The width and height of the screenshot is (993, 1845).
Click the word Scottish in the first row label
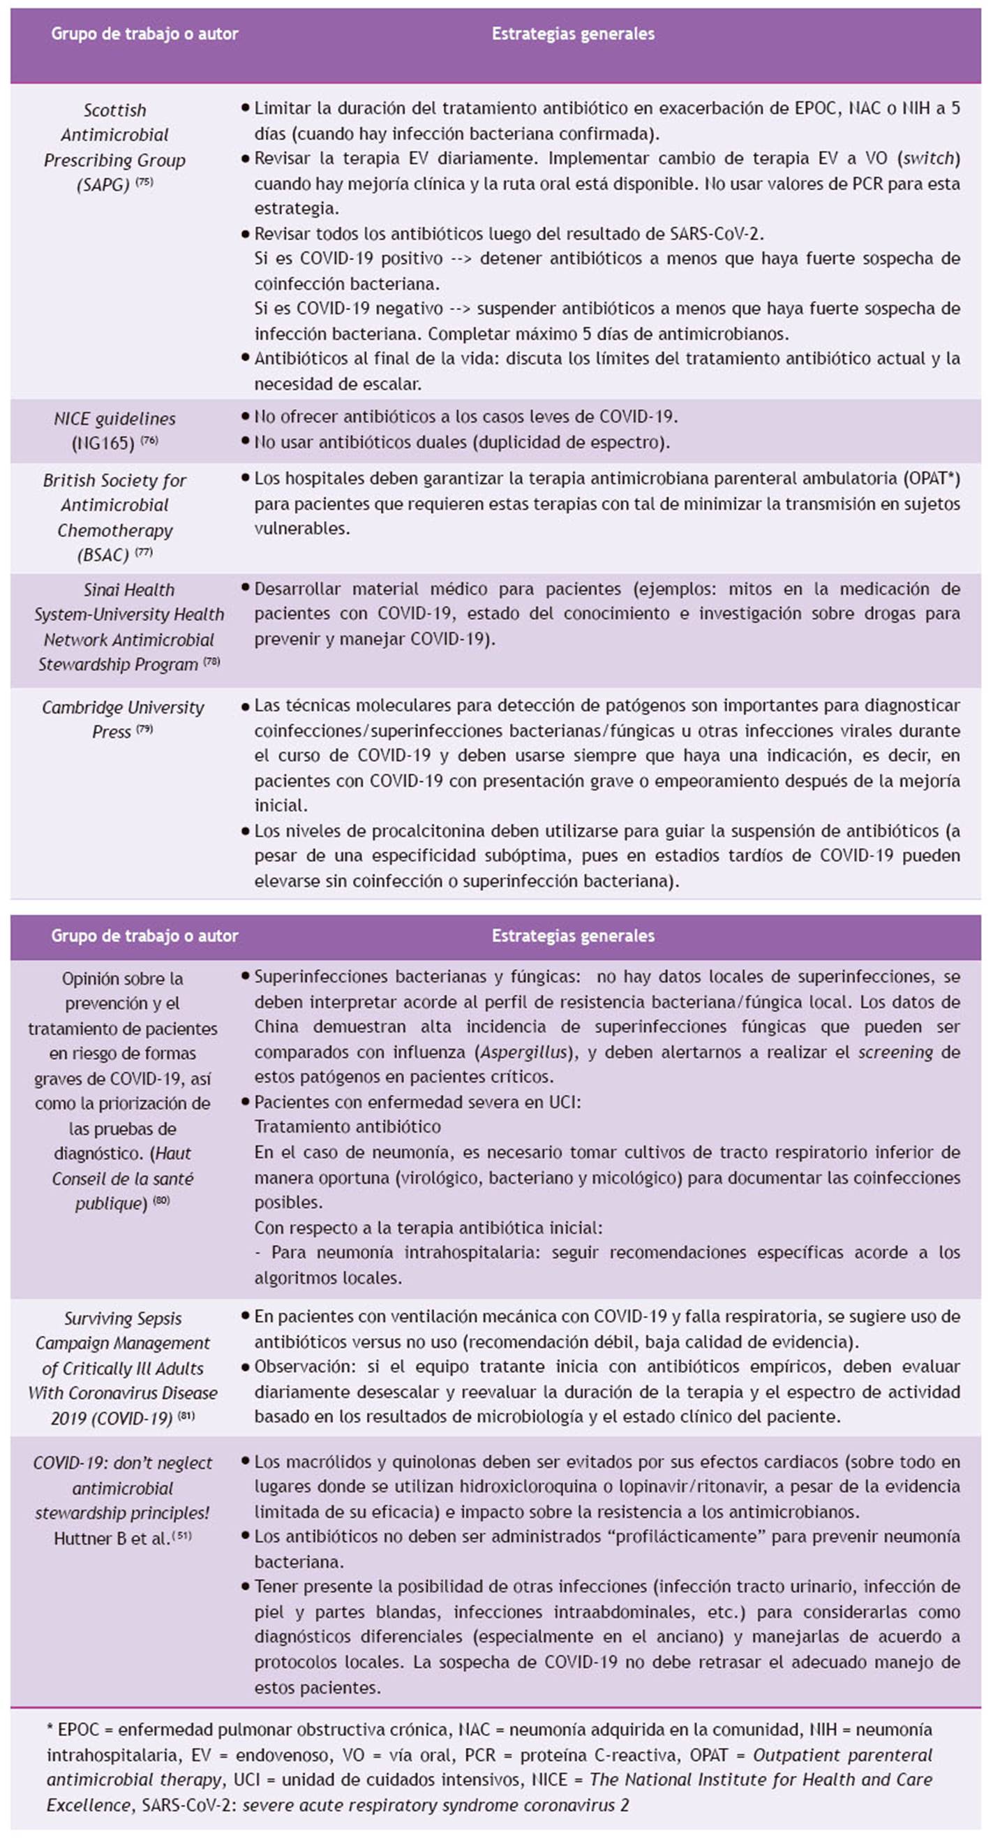pyautogui.click(x=114, y=110)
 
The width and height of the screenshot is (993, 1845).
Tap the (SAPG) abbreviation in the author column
pyautogui.click(x=103, y=185)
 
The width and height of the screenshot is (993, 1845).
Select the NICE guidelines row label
pyautogui.click(x=114, y=419)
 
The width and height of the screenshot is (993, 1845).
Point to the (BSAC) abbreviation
pyautogui.click(x=103, y=554)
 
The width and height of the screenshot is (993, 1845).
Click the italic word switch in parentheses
pyautogui.click(x=929, y=159)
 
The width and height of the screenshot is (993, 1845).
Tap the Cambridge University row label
pyautogui.click(x=122, y=707)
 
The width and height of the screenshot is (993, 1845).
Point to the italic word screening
pyautogui.click(x=895, y=1052)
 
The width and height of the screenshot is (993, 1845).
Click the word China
pyautogui.click(x=276, y=1027)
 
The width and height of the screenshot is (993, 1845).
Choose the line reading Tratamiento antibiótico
pyautogui.click(x=348, y=1126)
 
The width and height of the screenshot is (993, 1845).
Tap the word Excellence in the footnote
pyautogui.click(x=83, y=1804)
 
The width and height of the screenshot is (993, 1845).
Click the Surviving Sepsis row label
pyautogui.click(x=122, y=1318)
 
